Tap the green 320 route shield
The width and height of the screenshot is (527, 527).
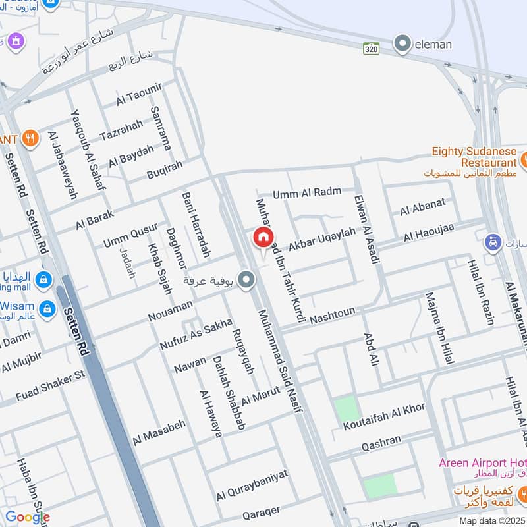pos(372,48)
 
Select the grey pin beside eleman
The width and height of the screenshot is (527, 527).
pos(402,45)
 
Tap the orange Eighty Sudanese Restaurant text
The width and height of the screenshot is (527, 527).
pos(474,157)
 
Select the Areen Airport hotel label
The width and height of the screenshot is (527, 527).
pos(483,462)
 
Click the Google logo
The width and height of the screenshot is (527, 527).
pos(27,517)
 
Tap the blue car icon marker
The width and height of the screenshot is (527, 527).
pos(492,242)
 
